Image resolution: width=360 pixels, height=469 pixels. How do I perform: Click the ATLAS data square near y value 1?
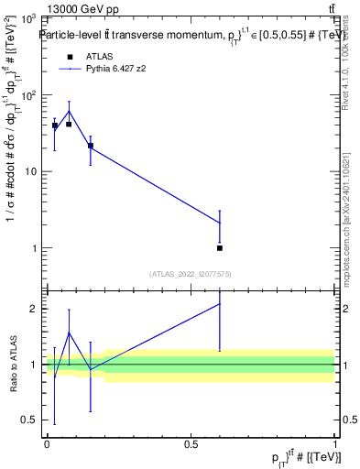coord(220,247)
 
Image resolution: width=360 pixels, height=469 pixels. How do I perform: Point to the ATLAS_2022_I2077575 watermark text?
coord(189,273)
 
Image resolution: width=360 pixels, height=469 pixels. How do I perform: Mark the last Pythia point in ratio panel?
coord(220,304)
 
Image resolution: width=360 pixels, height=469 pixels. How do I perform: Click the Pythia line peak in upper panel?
coord(69,112)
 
